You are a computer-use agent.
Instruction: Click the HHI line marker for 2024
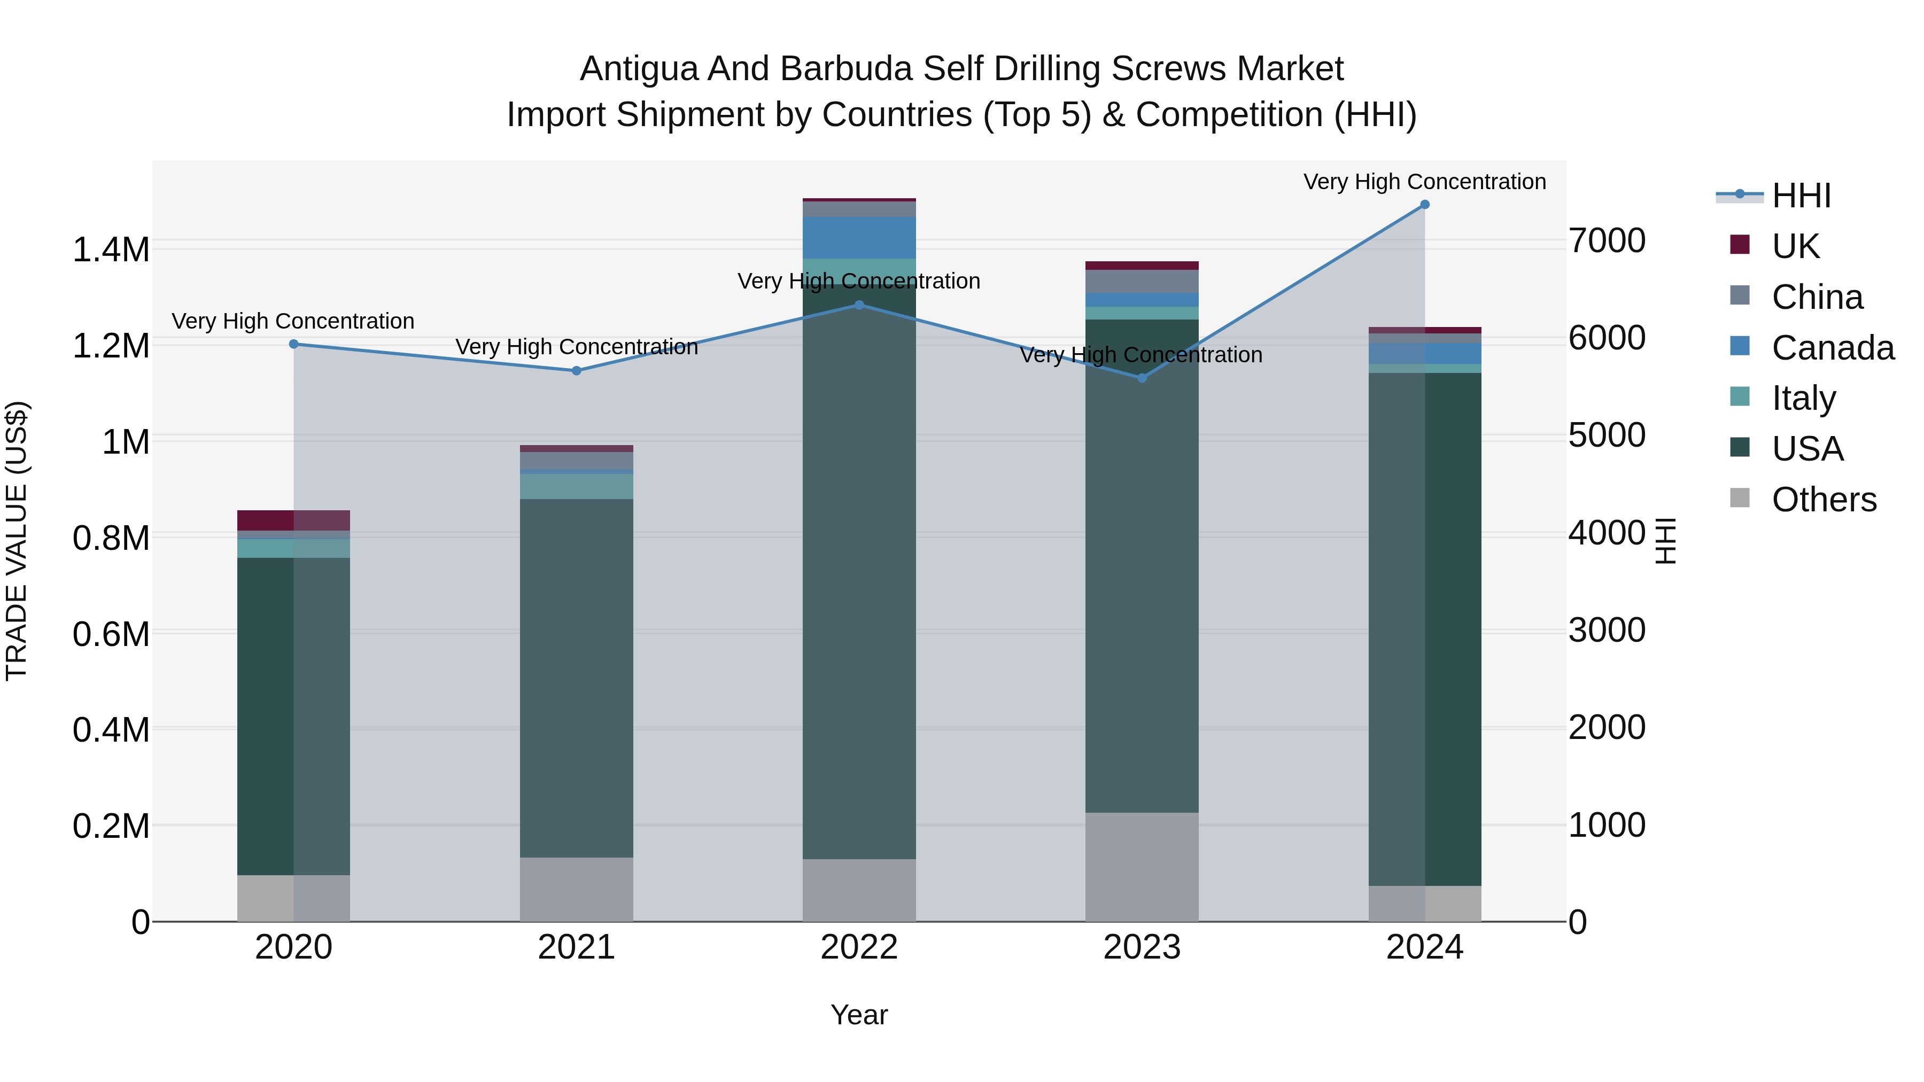point(1424,205)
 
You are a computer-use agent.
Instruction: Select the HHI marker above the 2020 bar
point(293,344)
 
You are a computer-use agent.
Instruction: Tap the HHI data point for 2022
point(859,305)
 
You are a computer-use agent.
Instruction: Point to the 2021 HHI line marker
point(577,370)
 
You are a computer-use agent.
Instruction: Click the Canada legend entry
point(1832,348)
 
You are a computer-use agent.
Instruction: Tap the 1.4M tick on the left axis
point(111,250)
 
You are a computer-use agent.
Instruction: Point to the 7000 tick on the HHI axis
point(1607,240)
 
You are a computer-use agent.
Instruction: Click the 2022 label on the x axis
point(859,947)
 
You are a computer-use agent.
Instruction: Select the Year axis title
point(859,1015)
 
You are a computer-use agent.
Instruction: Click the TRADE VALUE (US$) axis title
point(17,541)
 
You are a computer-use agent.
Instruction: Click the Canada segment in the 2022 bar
point(859,237)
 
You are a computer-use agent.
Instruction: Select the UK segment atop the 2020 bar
point(293,520)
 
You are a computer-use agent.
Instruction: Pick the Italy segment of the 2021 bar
point(577,486)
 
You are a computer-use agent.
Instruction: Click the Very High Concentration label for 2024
point(1424,182)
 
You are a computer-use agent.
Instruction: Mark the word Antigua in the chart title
point(639,69)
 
